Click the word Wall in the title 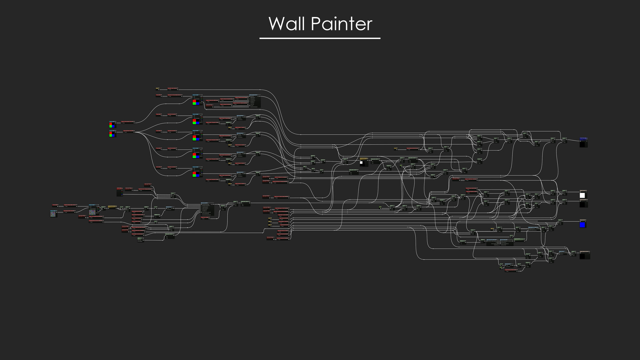point(287,24)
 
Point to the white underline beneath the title point(320,38)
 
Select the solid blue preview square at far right point(582,225)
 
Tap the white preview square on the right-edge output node point(582,195)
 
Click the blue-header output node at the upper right point(583,138)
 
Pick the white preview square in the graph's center point(362,163)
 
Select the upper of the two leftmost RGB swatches point(112,125)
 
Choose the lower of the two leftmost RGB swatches point(112,134)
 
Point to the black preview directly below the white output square point(582,204)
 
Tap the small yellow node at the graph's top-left point(158,89)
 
